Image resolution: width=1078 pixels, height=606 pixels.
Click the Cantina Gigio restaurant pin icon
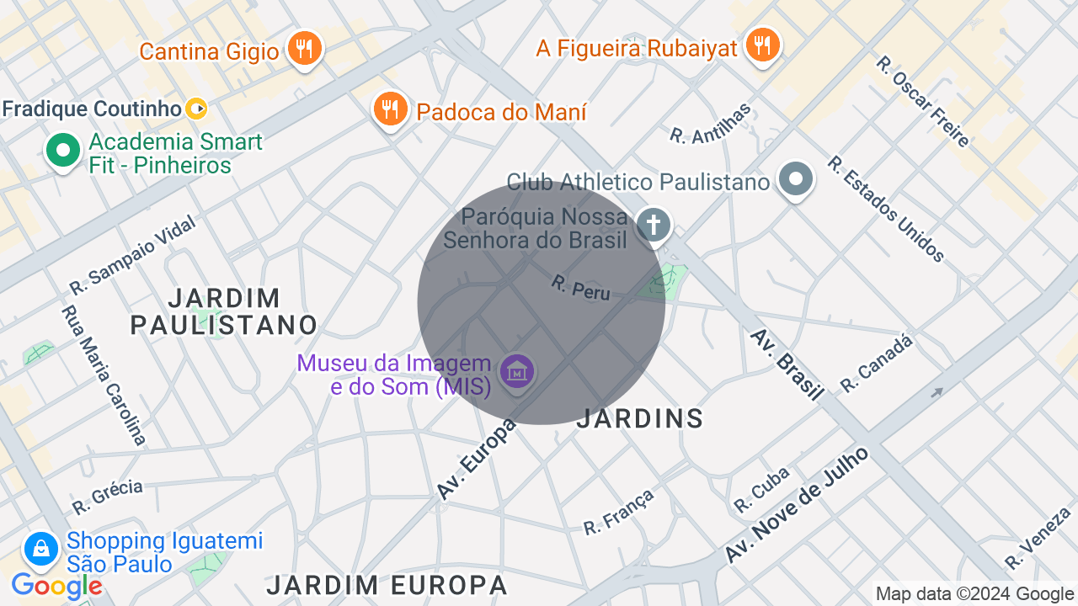pos(304,49)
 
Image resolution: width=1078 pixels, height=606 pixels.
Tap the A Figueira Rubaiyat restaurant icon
pos(762,45)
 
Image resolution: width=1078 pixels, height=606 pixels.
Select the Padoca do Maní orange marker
pos(390,109)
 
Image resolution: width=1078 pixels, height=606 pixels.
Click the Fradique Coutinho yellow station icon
pos(196,109)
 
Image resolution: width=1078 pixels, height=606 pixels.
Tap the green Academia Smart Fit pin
pos(62,151)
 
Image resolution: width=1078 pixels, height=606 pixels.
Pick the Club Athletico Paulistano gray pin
pos(795,179)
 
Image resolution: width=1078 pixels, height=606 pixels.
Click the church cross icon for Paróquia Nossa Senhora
pos(654,226)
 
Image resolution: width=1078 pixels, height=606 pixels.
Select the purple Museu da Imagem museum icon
pos(517,371)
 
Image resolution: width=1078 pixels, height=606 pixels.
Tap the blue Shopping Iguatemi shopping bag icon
pos(40,550)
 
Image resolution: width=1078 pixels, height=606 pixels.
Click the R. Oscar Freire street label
pos(923,102)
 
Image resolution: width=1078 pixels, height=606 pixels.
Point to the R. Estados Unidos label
pos(886,209)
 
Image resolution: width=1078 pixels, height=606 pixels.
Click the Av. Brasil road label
pos(787,364)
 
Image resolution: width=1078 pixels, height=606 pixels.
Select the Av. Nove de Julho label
pos(797,505)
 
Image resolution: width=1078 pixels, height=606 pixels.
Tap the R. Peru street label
pos(580,288)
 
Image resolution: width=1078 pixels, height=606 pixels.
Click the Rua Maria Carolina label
pos(103,374)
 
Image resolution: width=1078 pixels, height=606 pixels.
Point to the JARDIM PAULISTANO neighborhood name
pos(224,311)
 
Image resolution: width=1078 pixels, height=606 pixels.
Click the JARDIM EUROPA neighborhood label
pos(387,585)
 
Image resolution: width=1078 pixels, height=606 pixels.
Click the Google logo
pos(57,586)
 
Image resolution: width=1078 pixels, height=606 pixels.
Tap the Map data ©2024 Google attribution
pos(974,594)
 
